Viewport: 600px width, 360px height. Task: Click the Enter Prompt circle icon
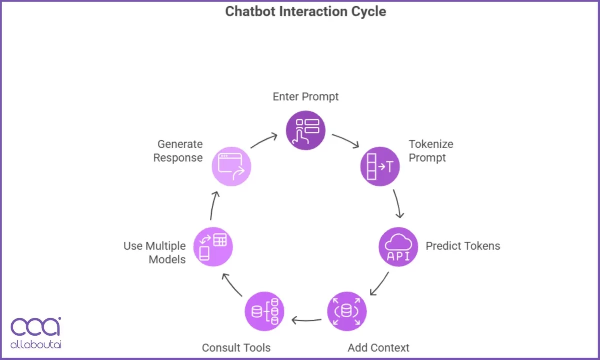[306, 130]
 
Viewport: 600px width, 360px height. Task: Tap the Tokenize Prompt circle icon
[380, 166]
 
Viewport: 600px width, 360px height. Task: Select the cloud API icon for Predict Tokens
[398, 247]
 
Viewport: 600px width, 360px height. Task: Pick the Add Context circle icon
[347, 311]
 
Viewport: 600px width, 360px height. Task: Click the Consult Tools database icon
[264, 311]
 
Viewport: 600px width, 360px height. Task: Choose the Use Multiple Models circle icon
[213, 246]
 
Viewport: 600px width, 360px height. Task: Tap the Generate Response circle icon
[231, 166]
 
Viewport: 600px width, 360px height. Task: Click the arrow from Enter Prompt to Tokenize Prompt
[346, 140]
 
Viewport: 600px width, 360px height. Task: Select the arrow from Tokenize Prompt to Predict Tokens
[398, 204]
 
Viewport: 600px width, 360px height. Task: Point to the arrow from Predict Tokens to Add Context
[379, 284]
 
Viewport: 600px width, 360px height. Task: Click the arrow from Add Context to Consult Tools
[306, 320]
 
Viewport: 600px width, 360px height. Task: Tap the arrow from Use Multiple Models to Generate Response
[214, 205]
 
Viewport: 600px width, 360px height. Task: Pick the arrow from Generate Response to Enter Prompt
[264, 140]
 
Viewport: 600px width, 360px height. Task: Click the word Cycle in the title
[368, 11]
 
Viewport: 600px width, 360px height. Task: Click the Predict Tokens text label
[463, 246]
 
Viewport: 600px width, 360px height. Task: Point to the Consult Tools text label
[236, 347]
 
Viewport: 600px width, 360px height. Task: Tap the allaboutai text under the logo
[36, 345]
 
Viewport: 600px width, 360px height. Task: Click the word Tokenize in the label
[431, 144]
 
